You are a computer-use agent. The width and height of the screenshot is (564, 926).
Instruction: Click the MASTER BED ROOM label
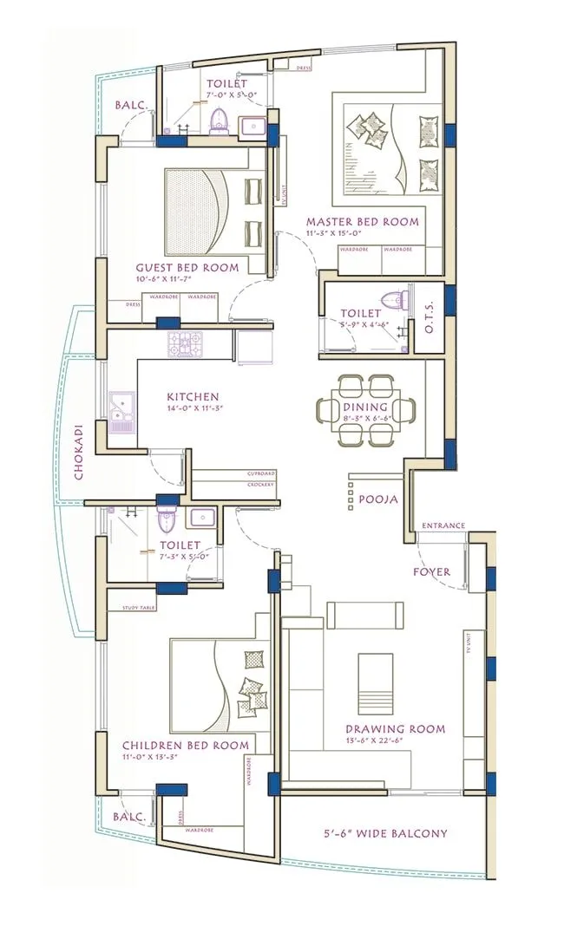362,222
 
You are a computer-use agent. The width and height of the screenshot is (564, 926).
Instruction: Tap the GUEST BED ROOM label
187,268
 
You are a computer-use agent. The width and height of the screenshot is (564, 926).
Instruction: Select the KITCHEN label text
193,396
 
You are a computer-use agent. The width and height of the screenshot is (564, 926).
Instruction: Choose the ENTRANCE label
443,526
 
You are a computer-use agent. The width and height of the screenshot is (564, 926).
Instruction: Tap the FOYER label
430,572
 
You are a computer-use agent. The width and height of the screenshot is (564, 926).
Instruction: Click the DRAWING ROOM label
395,729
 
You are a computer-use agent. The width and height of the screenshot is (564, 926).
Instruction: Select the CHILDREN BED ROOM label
186,746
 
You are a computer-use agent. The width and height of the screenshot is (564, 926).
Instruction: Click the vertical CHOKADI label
79,452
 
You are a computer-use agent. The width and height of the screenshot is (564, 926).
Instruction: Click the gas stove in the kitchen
185,344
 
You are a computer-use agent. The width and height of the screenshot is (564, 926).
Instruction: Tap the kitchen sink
121,408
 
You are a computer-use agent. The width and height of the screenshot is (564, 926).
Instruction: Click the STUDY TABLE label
139,609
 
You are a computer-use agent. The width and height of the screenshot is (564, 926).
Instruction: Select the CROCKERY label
261,484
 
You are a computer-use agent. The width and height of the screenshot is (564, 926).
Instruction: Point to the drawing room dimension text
395,743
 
